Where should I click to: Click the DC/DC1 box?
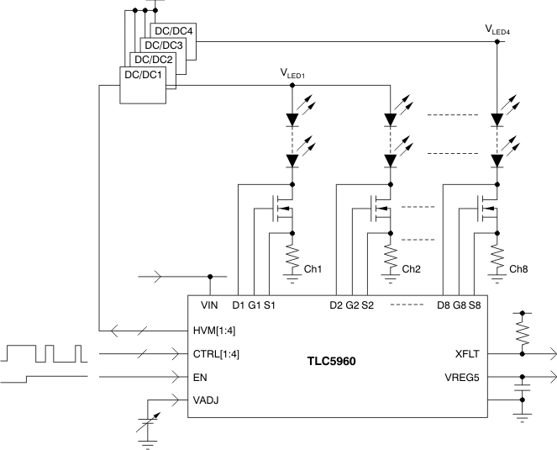pyautogui.click(x=145, y=85)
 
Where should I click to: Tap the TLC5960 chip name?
pyautogui.click(x=331, y=362)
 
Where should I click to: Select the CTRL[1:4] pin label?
pyautogui.click(x=216, y=353)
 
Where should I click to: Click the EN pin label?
pyautogui.click(x=200, y=378)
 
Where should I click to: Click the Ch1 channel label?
pyautogui.click(x=313, y=269)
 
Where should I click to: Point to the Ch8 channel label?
pyautogui.click(x=519, y=269)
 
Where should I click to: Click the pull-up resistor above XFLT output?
pyautogui.click(x=523, y=332)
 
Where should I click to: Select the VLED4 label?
pyautogui.click(x=498, y=29)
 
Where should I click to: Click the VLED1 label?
pyautogui.click(x=292, y=73)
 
